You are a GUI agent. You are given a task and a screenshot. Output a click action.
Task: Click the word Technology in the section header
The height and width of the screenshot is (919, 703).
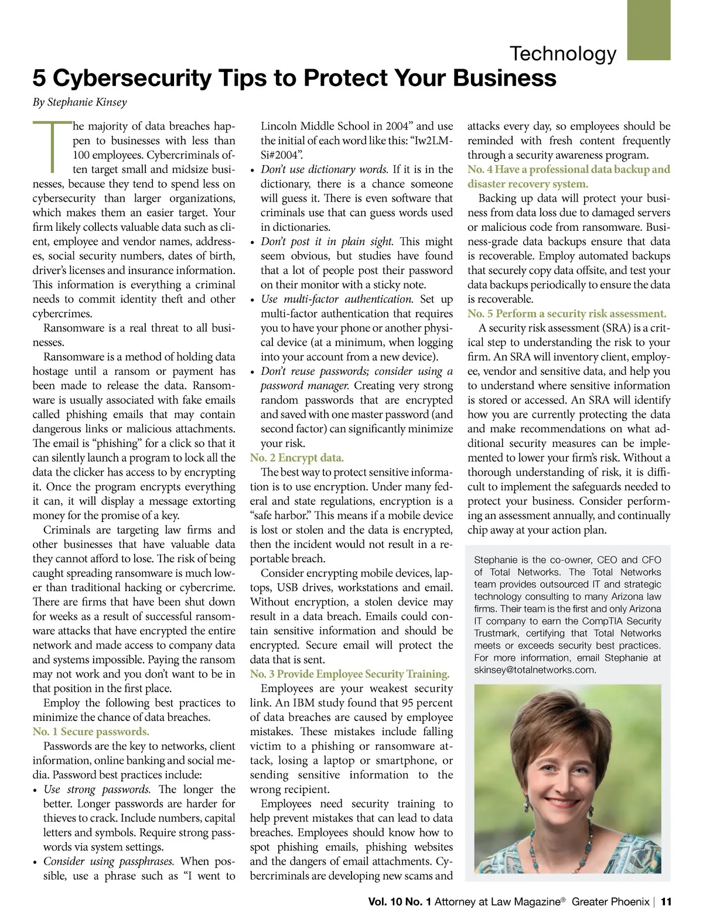click(563, 54)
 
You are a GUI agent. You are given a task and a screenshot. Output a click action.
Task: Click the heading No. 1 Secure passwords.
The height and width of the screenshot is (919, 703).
click(91, 732)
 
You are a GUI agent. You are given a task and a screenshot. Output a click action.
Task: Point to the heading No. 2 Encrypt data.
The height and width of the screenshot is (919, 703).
click(296, 458)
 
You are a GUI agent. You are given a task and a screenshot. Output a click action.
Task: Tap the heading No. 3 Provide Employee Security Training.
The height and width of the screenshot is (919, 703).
click(350, 674)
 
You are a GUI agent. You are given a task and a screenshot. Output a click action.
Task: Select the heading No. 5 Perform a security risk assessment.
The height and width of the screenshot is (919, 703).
click(567, 314)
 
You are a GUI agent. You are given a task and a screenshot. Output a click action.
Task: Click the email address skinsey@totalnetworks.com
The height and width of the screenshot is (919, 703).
click(535, 669)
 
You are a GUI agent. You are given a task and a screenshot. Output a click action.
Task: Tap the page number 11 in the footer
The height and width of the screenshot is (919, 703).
click(666, 902)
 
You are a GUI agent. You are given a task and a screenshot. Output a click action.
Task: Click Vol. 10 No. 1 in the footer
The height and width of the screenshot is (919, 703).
click(400, 902)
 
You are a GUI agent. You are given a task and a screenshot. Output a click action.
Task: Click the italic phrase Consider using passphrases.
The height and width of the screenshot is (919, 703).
click(108, 862)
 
